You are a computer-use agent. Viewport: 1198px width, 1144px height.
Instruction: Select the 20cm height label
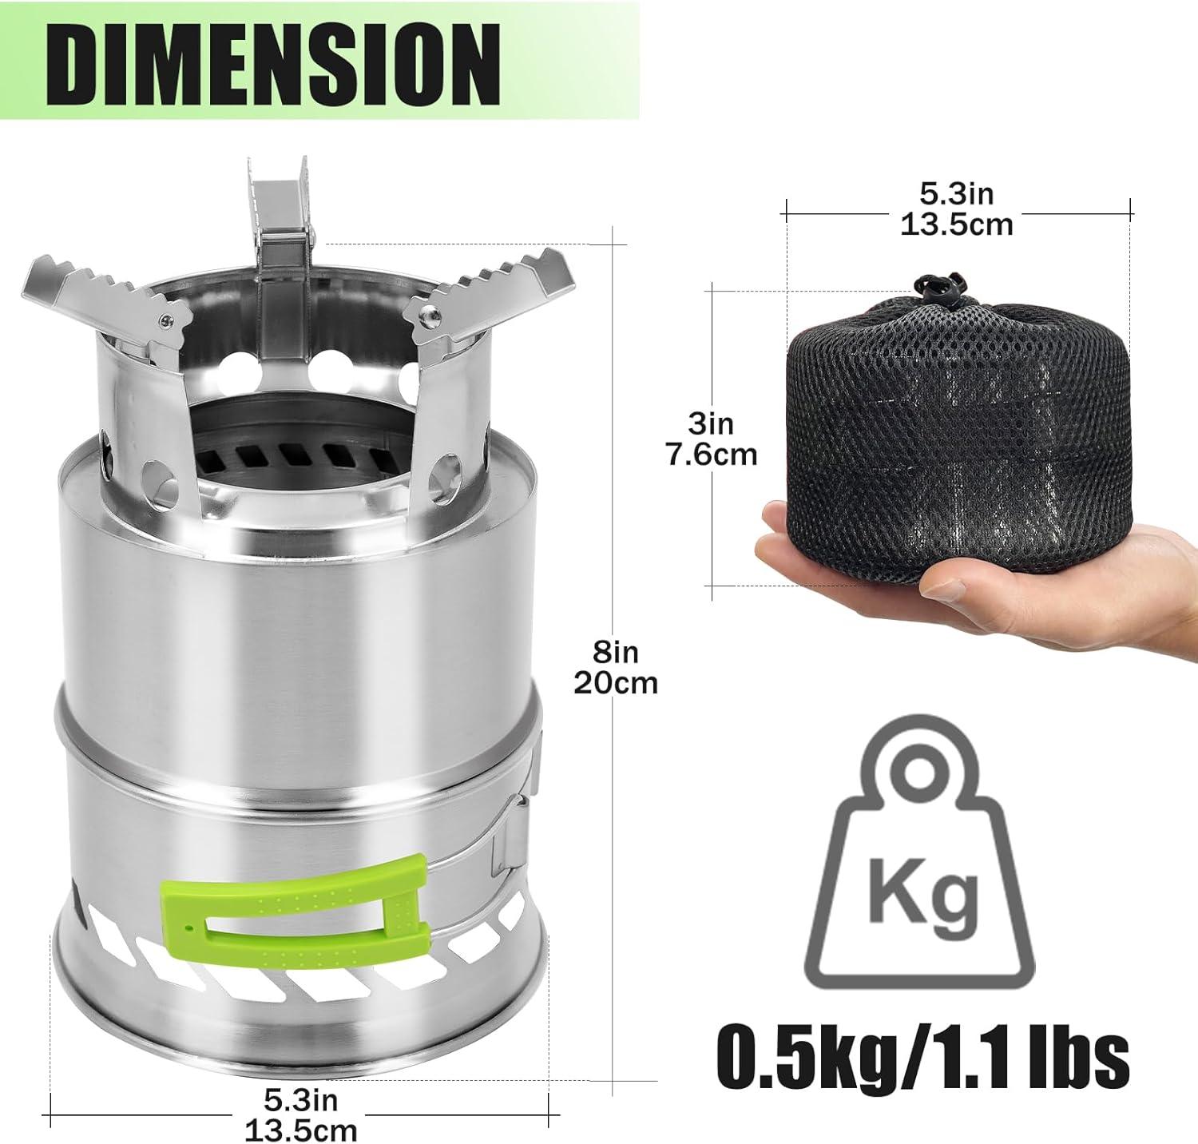pyautogui.click(x=616, y=683)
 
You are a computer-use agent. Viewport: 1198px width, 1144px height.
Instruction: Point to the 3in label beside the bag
pyautogui.click(x=711, y=423)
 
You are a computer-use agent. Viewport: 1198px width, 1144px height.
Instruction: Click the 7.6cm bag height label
pyautogui.click(x=711, y=454)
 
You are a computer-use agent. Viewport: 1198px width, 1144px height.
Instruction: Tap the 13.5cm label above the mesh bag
pyautogui.click(x=957, y=225)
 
